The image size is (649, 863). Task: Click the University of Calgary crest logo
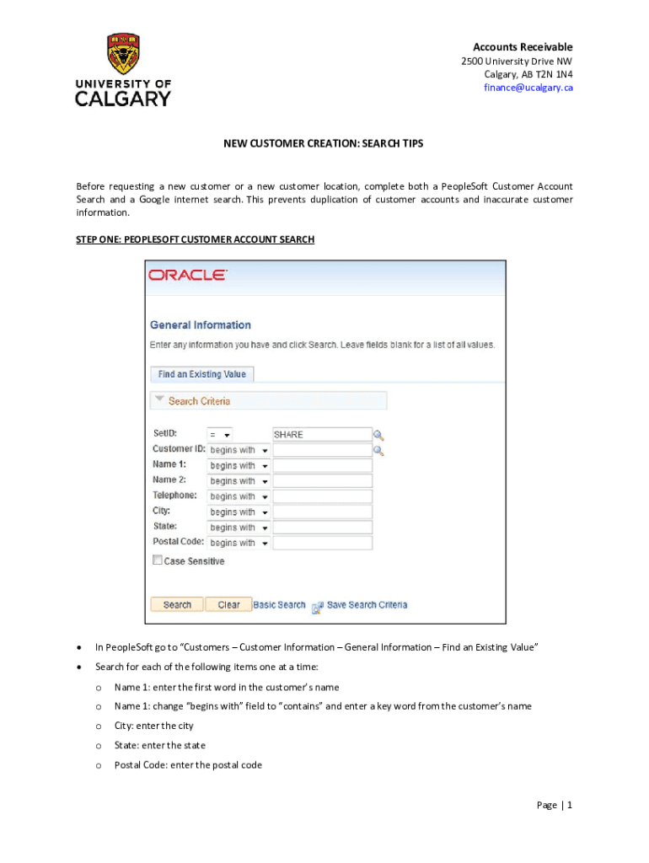coord(123,54)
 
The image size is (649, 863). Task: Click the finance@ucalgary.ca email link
coord(528,88)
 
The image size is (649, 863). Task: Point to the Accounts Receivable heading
coord(523,47)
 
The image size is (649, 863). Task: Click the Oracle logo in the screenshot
coord(187,275)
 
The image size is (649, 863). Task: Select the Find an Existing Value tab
coord(201,374)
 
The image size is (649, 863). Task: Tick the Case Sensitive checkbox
coord(157,560)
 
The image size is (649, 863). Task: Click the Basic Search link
coord(279,605)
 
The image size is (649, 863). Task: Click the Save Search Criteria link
coord(367,605)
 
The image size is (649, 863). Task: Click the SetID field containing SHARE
coord(322,435)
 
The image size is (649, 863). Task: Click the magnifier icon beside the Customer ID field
coord(379,451)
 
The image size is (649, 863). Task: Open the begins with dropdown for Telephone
coord(239,497)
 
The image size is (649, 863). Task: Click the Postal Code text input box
coord(322,544)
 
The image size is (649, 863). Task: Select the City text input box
coord(322,512)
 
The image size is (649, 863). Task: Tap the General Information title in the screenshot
coord(200,325)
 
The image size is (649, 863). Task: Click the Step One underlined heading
coord(195,240)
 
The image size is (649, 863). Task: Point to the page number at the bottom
coord(555,805)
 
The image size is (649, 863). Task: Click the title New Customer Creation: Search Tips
coord(323,144)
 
